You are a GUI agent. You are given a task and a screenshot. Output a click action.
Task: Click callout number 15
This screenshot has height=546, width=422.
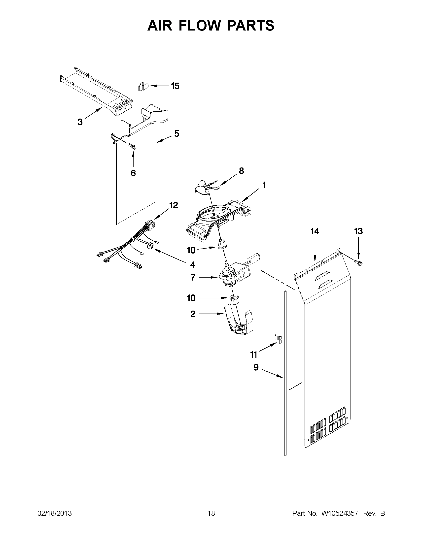(x=175, y=86)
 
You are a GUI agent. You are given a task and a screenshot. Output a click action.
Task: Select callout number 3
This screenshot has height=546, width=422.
(x=80, y=122)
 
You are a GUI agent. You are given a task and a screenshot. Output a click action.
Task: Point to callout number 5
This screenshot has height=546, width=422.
(x=176, y=134)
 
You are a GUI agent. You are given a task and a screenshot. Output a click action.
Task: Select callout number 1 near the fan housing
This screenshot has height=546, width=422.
(x=264, y=185)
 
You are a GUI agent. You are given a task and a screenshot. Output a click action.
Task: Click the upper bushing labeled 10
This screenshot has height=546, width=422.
(x=221, y=244)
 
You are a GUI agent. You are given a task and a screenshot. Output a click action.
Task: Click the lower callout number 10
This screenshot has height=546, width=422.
(x=191, y=298)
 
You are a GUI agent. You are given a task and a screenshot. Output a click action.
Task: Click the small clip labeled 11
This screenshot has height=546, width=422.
(x=279, y=338)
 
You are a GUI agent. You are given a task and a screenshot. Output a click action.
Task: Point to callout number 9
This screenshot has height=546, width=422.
(x=256, y=367)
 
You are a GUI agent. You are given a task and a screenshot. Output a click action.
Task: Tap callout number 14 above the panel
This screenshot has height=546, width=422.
(x=315, y=231)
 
